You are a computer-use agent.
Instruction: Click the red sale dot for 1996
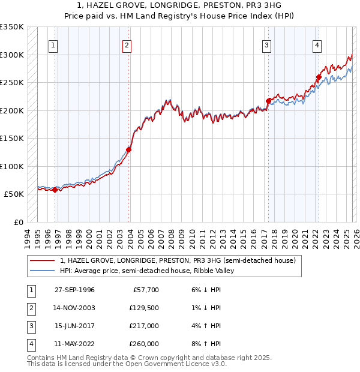pyautogui.click(x=55, y=190)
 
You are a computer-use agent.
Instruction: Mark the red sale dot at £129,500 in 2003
pyautogui.click(x=128, y=150)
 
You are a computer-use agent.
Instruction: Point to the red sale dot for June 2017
pyautogui.click(x=268, y=101)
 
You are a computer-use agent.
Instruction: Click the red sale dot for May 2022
pyautogui.click(x=318, y=77)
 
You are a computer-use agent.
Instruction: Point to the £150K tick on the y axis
pyautogui.click(x=12, y=139)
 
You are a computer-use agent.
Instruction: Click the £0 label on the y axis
pyautogui.click(x=17, y=222)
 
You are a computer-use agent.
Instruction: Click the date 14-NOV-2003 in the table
pyautogui.click(x=74, y=308)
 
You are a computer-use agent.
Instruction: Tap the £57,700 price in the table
pyautogui.click(x=146, y=290)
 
